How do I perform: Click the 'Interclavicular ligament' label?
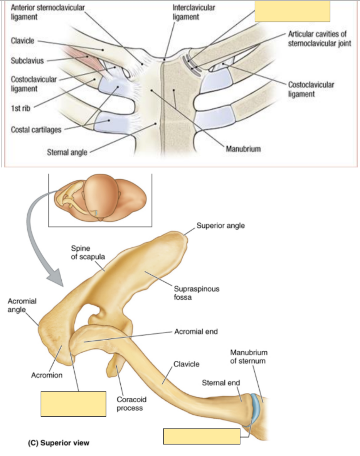[193, 12]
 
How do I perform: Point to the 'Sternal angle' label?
[67, 152]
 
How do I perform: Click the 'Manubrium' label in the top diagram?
[243, 149]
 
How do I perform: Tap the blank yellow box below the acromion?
[73, 404]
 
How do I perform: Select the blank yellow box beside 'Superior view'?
[202, 436]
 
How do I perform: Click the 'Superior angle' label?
[220, 226]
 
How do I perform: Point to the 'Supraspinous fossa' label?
[197, 293]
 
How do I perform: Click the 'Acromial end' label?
[196, 331]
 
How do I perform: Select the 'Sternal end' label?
[221, 383]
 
